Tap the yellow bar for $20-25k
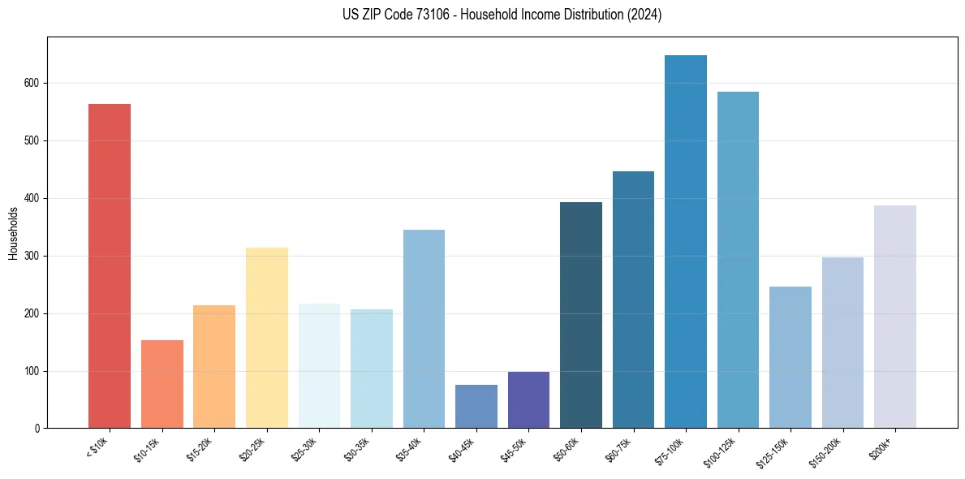266,338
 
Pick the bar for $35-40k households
424,329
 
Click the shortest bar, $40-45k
476,407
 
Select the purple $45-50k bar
528,400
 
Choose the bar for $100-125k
738,260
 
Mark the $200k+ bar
895,317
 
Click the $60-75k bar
633,300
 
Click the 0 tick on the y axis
37,429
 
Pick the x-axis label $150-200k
828,451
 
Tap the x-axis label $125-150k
776,451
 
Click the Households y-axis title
13,233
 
